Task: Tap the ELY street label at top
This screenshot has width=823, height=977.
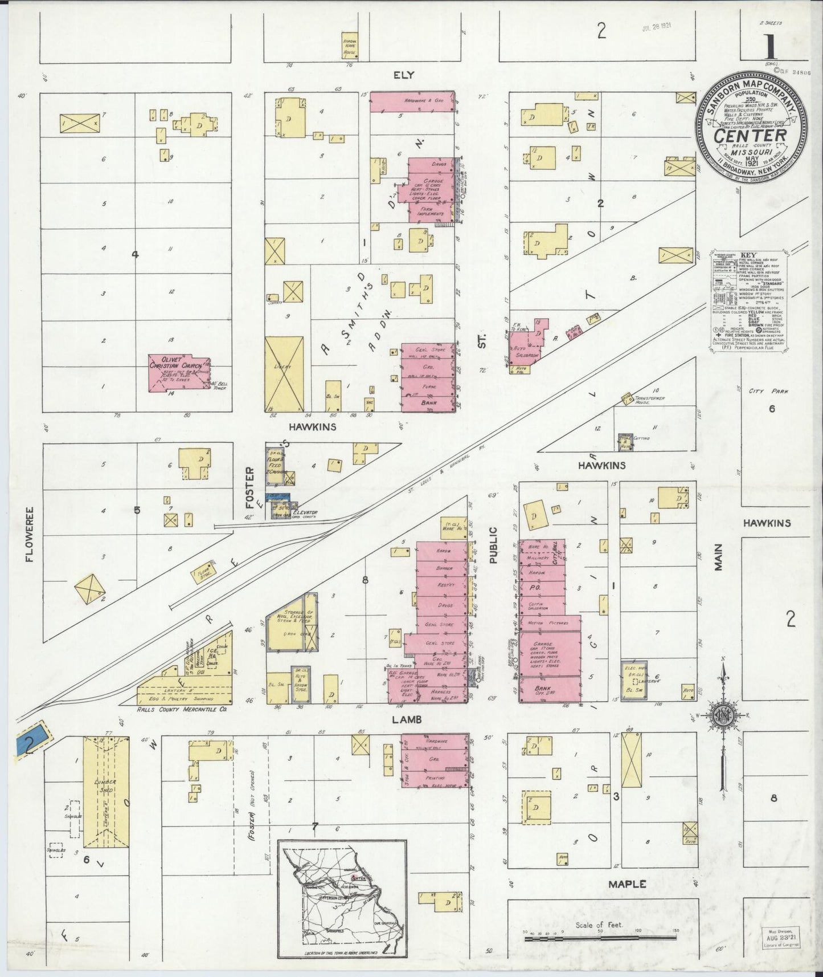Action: (403, 75)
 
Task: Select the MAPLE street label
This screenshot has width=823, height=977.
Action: (627, 884)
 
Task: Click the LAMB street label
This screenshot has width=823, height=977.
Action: (407, 719)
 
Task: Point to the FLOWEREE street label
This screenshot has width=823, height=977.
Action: (29, 534)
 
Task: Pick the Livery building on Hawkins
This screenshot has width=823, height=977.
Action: (284, 373)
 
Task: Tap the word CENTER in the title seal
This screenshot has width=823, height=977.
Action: (750, 136)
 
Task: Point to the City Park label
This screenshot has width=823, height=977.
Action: (763, 392)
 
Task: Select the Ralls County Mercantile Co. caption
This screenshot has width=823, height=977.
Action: (182, 710)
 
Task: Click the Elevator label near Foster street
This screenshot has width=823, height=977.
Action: (305, 512)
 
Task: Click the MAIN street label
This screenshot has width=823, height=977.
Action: (718, 557)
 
